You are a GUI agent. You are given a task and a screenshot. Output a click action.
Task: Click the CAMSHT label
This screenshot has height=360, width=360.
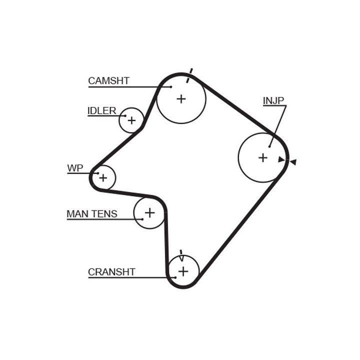tap(109, 81)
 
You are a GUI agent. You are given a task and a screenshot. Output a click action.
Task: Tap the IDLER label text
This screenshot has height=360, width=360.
tap(102, 111)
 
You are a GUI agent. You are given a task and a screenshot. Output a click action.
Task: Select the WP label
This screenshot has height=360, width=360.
tap(75, 168)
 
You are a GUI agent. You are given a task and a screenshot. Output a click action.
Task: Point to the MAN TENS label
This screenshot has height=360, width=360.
tap(92, 214)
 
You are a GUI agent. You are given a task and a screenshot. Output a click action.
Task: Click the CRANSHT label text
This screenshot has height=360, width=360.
tap(111, 272)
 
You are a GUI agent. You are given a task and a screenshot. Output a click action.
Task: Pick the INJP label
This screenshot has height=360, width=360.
tap(273, 100)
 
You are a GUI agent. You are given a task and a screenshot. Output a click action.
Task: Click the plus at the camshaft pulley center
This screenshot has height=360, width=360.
tap(181, 99)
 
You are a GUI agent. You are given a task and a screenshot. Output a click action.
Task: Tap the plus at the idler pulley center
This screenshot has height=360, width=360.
tap(131, 120)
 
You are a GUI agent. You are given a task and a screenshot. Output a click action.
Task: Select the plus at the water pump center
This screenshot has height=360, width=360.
tap(103, 178)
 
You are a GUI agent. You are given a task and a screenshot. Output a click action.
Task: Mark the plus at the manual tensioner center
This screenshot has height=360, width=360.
tap(149, 212)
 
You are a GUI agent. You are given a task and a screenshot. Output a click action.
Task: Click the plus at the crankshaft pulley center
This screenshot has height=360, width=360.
tap(183, 271)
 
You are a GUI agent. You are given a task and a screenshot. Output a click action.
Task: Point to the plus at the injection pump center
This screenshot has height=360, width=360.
tap(263, 157)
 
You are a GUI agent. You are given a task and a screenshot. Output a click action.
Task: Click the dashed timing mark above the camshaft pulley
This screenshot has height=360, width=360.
tap(189, 75)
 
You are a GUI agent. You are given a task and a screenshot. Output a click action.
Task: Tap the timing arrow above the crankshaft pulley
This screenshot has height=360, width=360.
tap(181, 255)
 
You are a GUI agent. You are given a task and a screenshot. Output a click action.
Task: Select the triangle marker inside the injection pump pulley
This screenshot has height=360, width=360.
tap(281, 159)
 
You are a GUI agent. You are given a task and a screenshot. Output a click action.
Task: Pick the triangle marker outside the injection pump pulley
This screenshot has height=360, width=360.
tap(293, 162)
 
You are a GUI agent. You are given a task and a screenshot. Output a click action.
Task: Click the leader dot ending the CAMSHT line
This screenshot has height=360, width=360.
tap(171, 87)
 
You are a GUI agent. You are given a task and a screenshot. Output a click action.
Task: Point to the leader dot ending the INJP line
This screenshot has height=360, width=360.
tap(269, 146)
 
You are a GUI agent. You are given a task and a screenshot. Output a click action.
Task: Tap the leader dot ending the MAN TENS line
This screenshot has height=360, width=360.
tap(142, 219)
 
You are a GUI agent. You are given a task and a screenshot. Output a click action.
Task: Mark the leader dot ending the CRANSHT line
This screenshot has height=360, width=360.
tap(175, 277)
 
